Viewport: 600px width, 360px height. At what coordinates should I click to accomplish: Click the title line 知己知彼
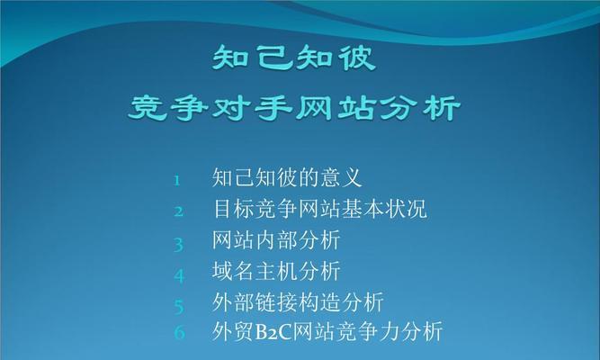294,60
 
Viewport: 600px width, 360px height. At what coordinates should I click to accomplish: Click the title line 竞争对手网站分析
294,111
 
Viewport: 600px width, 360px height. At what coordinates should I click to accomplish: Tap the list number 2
179,211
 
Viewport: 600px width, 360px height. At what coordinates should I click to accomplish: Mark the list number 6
179,333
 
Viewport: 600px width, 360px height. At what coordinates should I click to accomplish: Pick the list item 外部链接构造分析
298,301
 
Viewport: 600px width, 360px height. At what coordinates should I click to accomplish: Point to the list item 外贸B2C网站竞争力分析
327,331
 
